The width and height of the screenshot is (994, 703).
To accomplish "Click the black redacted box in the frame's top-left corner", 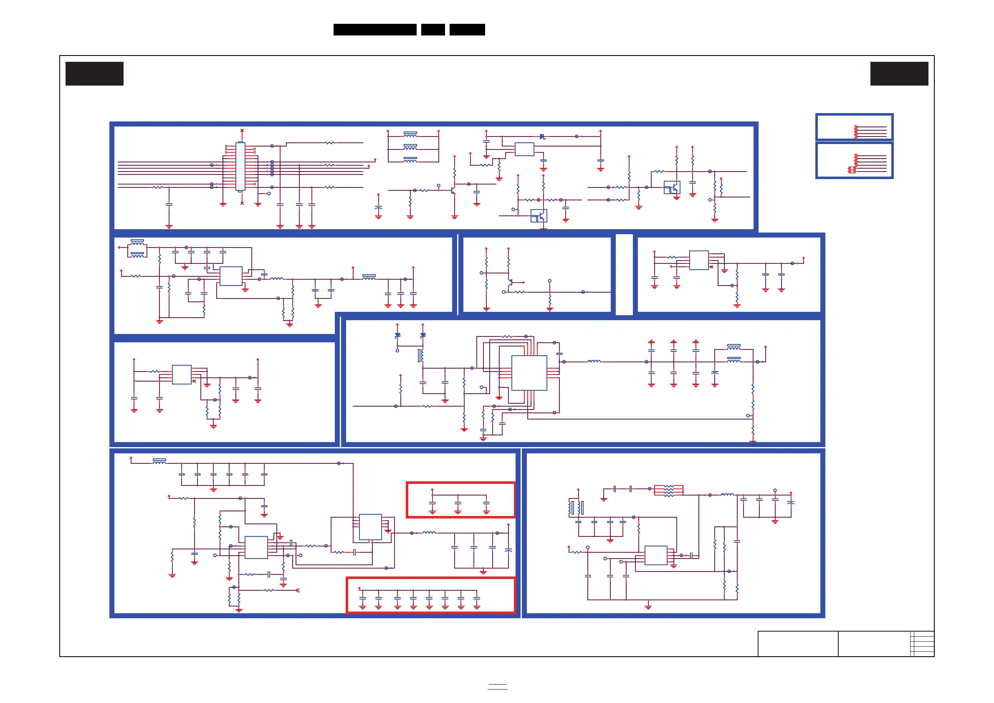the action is tap(94, 73).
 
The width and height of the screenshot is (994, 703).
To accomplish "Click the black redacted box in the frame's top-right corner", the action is tap(899, 73).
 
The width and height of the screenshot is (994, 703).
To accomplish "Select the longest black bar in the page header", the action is tap(374, 30).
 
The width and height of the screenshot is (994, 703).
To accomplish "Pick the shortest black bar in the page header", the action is tap(433, 30).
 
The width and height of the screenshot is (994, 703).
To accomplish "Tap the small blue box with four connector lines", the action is tap(854, 127).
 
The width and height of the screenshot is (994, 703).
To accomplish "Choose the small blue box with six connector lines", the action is tap(854, 160).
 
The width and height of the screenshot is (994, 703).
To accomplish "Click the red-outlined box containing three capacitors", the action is tap(460, 500).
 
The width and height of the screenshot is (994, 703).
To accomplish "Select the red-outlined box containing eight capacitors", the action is tap(430, 595).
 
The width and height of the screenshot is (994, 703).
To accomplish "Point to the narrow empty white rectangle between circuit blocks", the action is tap(624, 274).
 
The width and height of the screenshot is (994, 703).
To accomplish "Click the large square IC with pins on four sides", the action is tap(529, 373).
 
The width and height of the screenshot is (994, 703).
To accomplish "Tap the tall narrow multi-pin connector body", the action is tap(240, 166).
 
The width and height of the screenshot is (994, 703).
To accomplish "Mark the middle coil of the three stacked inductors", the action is tap(410, 147).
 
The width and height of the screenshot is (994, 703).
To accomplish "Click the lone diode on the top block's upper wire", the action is tap(542, 137).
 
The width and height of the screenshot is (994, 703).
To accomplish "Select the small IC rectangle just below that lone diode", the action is tap(524, 149).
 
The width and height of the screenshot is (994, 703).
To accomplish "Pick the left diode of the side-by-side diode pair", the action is tap(397, 335).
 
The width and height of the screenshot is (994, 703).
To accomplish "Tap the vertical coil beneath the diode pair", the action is tap(420, 355).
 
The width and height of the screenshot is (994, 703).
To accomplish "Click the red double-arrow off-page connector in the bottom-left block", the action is tap(297, 590).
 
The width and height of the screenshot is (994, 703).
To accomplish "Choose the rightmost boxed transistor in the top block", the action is tap(672, 187).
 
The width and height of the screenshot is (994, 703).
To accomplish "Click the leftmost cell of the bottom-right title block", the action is tap(797, 644).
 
